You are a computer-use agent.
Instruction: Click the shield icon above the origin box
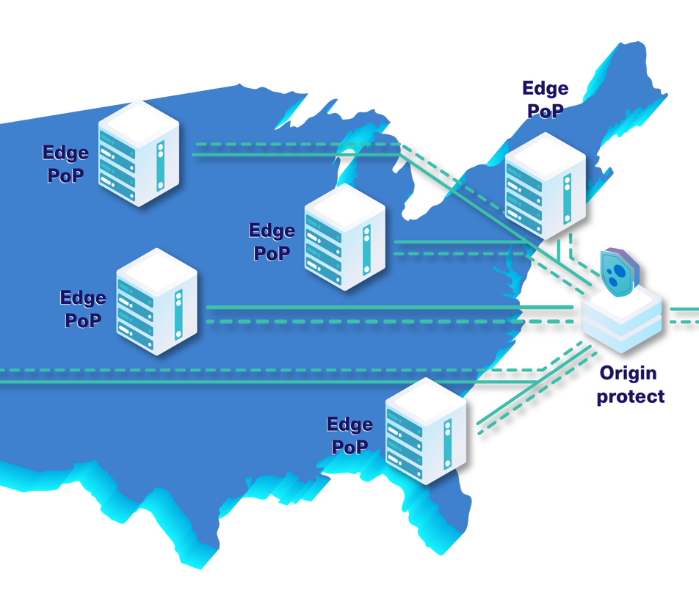(619, 269)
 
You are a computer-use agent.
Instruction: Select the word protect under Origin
(630, 397)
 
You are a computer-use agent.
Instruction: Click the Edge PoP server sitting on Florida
(426, 431)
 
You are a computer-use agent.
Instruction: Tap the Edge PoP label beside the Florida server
(349, 435)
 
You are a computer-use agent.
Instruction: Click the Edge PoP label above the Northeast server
(545, 100)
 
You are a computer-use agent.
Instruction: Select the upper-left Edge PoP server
(139, 152)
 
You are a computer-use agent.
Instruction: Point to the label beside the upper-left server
(65, 164)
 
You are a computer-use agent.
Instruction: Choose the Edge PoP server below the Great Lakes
(344, 236)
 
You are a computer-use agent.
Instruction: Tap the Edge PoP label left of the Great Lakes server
(272, 241)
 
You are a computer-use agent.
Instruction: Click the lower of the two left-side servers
(156, 302)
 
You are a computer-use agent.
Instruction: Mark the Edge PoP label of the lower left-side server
(82, 309)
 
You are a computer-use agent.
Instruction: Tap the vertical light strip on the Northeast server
(566, 199)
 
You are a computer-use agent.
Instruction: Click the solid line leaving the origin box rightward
(683, 309)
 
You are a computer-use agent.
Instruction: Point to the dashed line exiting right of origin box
(683, 321)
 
